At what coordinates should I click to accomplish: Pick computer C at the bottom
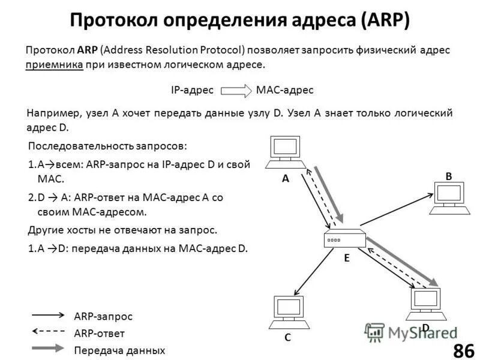[x=290, y=313]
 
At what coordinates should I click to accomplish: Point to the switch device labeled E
[x=344, y=238]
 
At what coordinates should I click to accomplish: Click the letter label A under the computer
[x=286, y=178]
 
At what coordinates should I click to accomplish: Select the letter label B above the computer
[x=448, y=175]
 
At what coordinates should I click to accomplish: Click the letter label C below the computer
[x=287, y=338]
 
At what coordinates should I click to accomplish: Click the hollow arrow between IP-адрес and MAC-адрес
[x=236, y=91]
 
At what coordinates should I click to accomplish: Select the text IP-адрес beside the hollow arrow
[x=192, y=90]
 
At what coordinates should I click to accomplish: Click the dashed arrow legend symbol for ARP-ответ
[x=48, y=331]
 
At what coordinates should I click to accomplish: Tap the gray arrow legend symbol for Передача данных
[x=48, y=348]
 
